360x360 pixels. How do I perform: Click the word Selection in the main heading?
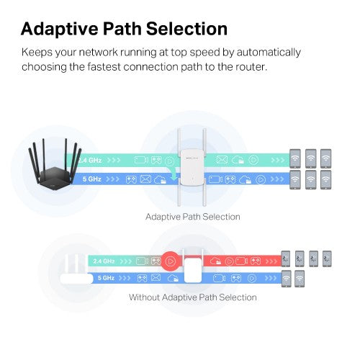click(186, 29)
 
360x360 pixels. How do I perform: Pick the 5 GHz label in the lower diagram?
click(105, 276)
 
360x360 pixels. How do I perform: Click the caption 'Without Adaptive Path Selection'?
click(192, 297)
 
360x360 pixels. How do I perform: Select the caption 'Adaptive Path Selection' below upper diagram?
click(192, 216)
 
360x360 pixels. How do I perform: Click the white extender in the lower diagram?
click(192, 270)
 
